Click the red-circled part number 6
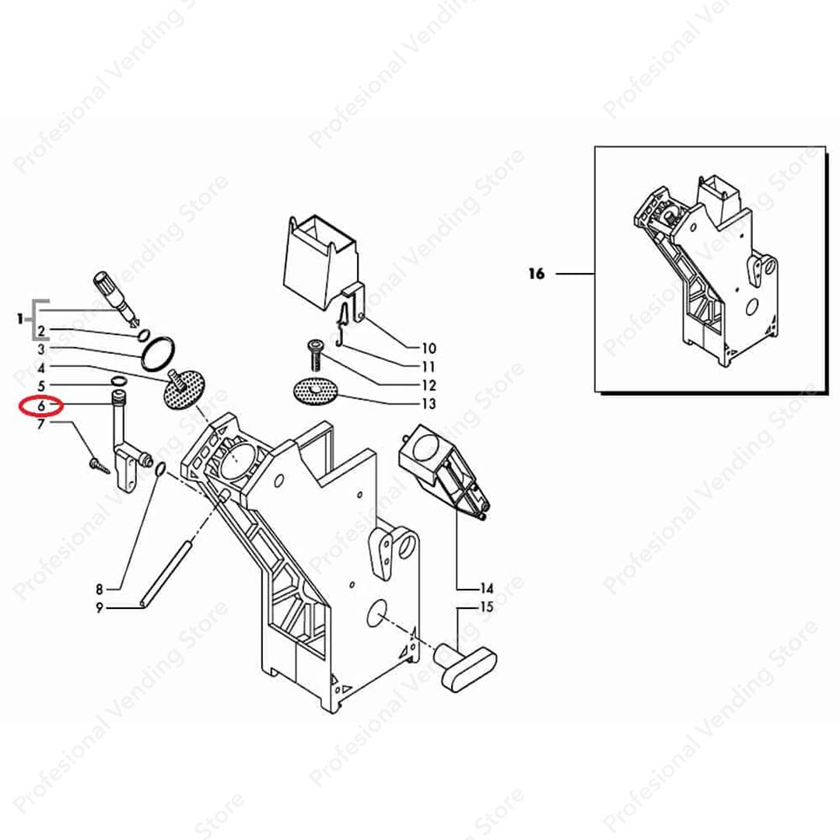pyautogui.click(x=41, y=407)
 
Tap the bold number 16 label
pyautogui.click(x=536, y=274)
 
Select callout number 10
pyautogui.click(x=429, y=348)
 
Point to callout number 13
pyautogui.click(x=429, y=404)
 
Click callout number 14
pyautogui.click(x=486, y=589)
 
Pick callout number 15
pyautogui.click(x=486, y=607)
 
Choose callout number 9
pyautogui.click(x=99, y=608)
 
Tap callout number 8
pyautogui.click(x=99, y=590)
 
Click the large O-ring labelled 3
pyautogui.click(x=158, y=354)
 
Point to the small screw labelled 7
pyautogui.click(x=100, y=464)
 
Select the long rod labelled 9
pyautogui.click(x=166, y=574)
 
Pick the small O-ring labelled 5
pyautogui.click(x=119, y=381)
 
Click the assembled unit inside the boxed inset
pyautogui.click(x=705, y=271)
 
